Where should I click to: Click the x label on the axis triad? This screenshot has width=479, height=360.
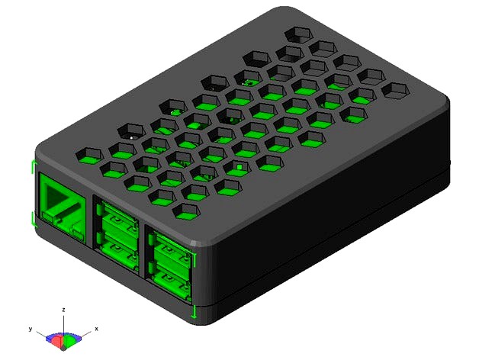point(96,328)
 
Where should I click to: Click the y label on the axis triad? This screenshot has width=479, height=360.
point(30,328)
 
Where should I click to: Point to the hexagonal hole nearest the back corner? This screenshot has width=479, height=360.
point(296,34)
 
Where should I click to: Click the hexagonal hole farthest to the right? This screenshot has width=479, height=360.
point(396,89)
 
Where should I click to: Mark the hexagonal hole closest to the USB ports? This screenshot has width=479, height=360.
point(187,208)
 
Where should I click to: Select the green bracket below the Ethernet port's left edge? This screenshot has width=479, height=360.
point(33,220)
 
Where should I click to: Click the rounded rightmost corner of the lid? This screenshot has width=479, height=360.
point(447,107)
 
